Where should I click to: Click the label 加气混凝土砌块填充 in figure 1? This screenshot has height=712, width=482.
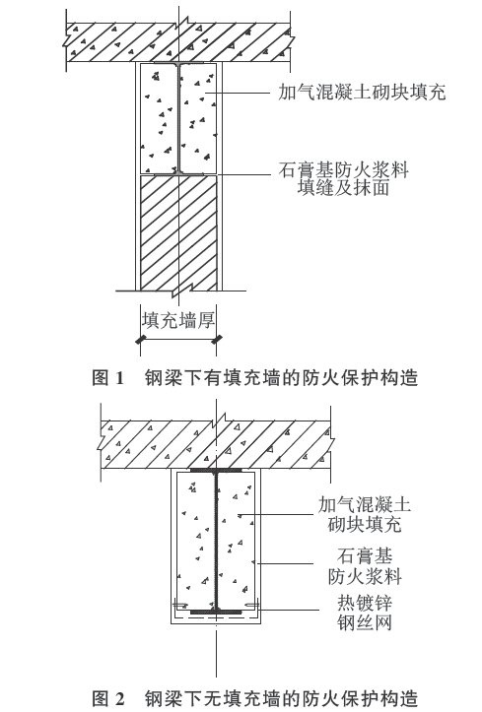362,93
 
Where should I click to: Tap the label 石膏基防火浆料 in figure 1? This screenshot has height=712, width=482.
343,170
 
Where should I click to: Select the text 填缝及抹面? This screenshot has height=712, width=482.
343,187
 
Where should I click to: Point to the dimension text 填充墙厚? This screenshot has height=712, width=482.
178,321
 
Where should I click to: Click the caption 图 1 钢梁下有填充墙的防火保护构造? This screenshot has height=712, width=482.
255,378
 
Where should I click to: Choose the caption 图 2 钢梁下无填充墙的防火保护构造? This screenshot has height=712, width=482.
255,698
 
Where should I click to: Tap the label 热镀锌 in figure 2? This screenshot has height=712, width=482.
365,604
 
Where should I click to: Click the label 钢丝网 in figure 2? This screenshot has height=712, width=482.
365,622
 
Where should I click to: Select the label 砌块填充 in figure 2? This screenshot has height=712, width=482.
365,525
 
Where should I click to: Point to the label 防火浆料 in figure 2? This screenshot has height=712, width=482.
365,576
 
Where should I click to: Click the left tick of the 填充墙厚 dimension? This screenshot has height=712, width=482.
140,339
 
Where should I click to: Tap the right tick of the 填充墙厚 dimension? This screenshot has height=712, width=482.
217,339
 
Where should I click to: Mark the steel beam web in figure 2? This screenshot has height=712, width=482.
217,541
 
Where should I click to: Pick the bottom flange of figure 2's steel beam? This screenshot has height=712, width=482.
216,612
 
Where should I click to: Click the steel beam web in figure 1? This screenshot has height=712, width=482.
178,118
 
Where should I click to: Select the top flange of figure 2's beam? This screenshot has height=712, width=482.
216,471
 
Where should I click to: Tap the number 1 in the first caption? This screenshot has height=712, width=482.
120,378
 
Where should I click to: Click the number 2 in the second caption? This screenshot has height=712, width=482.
120,699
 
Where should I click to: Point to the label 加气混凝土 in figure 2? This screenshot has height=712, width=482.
365,504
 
